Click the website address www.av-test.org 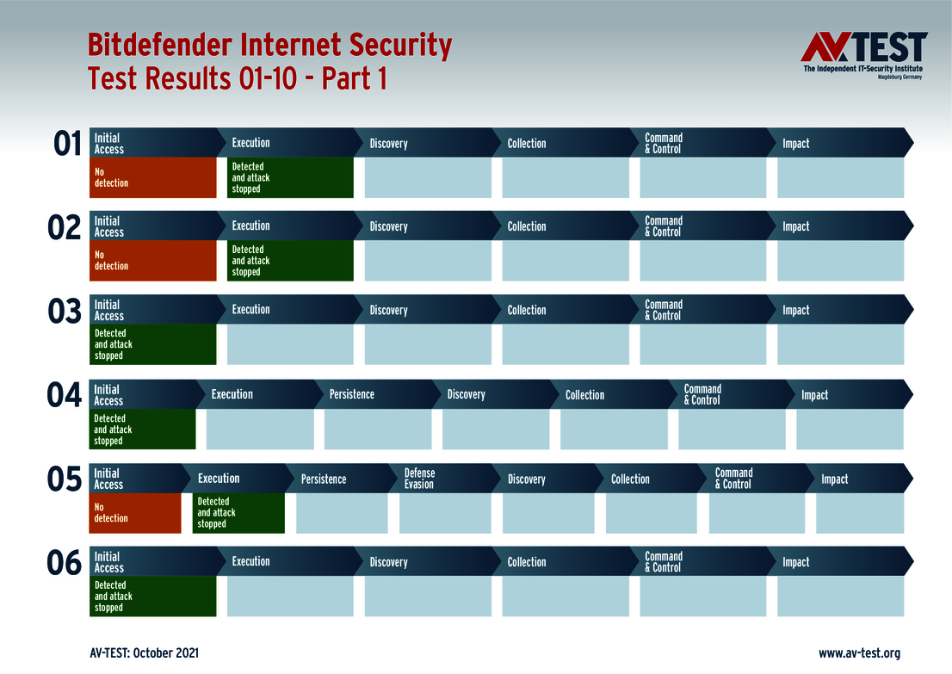point(859,653)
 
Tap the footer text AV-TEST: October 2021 point(144,653)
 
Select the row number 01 point(67,144)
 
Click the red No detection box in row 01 point(152,177)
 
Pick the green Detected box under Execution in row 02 point(290,261)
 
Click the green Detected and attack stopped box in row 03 point(152,344)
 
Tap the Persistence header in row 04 point(351,394)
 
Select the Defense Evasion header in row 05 point(419,479)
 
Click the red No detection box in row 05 point(135,513)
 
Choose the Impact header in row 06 point(795,562)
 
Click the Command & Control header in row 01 point(664,143)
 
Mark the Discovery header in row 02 point(388,226)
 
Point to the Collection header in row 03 point(526,310)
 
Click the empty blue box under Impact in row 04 point(850,430)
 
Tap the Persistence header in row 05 point(324,479)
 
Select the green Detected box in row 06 point(152,597)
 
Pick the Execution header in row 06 point(250,561)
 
